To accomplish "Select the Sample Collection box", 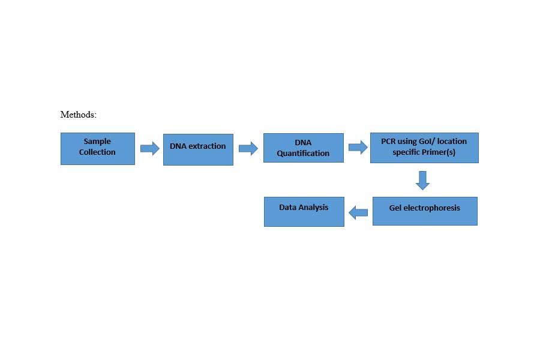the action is pyautogui.click(x=98, y=149).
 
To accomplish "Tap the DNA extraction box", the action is pyautogui.click(x=198, y=149).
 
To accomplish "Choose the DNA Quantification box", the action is pyautogui.click(x=304, y=148).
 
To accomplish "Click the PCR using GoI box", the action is pyautogui.click(x=424, y=148).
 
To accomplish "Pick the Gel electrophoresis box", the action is pyautogui.click(x=425, y=211).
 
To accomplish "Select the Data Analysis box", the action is pyautogui.click(x=304, y=212).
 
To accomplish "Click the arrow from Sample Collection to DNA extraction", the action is pyautogui.click(x=150, y=148).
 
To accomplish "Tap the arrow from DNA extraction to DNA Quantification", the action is pyautogui.click(x=248, y=148).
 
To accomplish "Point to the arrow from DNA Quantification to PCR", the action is pyautogui.click(x=358, y=148).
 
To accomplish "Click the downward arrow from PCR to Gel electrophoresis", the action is pyautogui.click(x=422, y=181).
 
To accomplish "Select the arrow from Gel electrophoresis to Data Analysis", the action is pyautogui.click(x=358, y=212).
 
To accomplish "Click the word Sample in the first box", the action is pyautogui.click(x=97, y=142).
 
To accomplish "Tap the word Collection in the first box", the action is pyautogui.click(x=97, y=152).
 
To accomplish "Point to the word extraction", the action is pyautogui.click(x=208, y=146).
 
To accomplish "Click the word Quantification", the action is pyautogui.click(x=303, y=154).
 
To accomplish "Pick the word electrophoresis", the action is pyautogui.click(x=432, y=208).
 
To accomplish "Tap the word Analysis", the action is pyautogui.click(x=313, y=208).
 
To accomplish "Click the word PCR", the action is pyautogui.click(x=388, y=141).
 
